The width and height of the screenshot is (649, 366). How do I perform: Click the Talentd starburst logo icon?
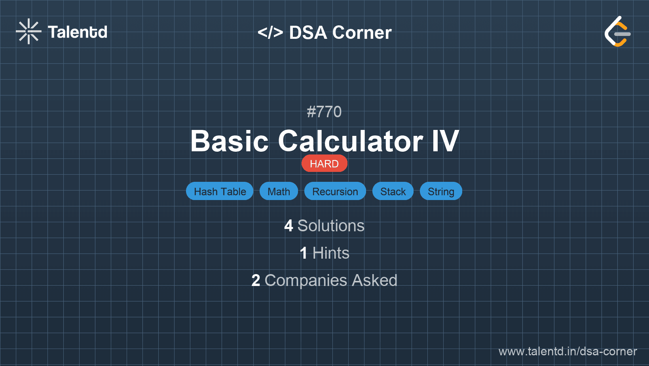pyautogui.click(x=28, y=31)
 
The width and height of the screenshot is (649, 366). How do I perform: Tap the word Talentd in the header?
pyautogui.click(x=78, y=32)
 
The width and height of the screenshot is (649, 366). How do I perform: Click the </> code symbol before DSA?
pyautogui.click(x=270, y=32)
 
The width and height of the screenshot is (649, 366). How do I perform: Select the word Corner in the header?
pyautogui.click(x=362, y=32)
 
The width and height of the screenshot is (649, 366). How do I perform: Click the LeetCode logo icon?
pyautogui.click(x=617, y=31)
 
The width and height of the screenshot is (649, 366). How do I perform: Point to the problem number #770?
pyautogui.click(x=324, y=112)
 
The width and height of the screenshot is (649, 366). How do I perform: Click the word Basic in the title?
pyautogui.click(x=230, y=141)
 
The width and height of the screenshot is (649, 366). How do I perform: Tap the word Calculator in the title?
pyautogui.click(x=351, y=141)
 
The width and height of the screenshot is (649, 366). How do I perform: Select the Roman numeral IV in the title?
pyautogui.click(x=446, y=141)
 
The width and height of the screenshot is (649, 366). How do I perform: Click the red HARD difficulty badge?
pyautogui.click(x=324, y=164)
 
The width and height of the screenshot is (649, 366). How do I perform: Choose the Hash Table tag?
pyautogui.click(x=220, y=191)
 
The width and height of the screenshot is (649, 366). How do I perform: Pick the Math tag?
pyautogui.click(x=279, y=191)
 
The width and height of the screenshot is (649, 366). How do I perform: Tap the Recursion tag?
pyautogui.click(x=335, y=191)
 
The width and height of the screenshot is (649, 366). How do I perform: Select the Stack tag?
pyautogui.click(x=393, y=191)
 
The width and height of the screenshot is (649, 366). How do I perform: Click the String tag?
pyautogui.click(x=441, y=191)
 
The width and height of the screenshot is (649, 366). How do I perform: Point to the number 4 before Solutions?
pyautogui.click(x=288, y=226)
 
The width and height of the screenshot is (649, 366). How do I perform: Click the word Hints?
pyautogui.click(x=331, y=253)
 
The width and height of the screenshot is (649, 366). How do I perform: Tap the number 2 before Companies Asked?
pyautogui.click(x=256, y=280)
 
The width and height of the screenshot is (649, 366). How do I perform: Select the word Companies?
pyautogui.click(x=306, y=281)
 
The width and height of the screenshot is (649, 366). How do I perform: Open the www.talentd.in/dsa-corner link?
pyautogui.click(x=567, y=351)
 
